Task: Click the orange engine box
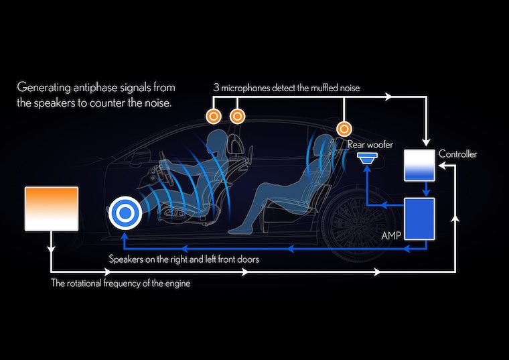[x=51, y=208]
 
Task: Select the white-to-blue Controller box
[x=421, y=165]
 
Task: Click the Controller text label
[x=457, y=155]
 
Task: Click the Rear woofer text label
[x=370, y=144]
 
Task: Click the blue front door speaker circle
[x=124, y=213]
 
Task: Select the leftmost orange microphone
[x=214, y=117]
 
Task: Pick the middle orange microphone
[x=236, y=117]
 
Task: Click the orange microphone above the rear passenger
[x=344, y=128]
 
